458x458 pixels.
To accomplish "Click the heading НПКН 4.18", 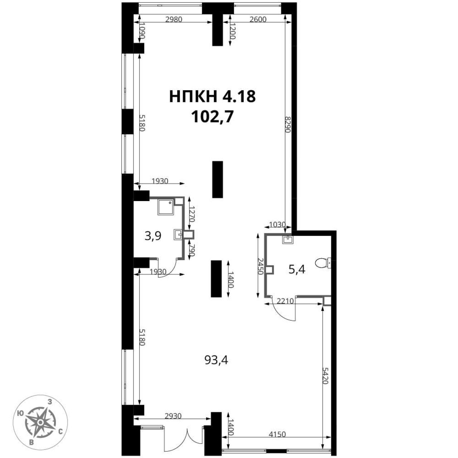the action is [212, 97].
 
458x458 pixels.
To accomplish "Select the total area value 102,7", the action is [212, 117].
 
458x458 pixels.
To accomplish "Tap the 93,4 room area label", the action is [216, 360].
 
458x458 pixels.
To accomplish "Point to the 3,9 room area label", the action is [153, 236].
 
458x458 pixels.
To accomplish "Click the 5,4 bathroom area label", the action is [297, 270].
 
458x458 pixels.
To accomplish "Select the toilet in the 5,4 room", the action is [323, 263].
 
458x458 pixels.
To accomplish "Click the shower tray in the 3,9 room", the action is [166, 207].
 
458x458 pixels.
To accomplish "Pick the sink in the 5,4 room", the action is [288, 239].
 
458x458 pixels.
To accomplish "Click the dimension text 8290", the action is [288, 125].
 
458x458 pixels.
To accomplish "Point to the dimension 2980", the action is [174, 19].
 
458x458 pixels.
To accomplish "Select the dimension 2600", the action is [258, 19].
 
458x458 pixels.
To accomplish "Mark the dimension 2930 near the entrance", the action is [173, 423].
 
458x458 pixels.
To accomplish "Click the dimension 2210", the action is [285, 301].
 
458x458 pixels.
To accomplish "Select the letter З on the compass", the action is [50, 402].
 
